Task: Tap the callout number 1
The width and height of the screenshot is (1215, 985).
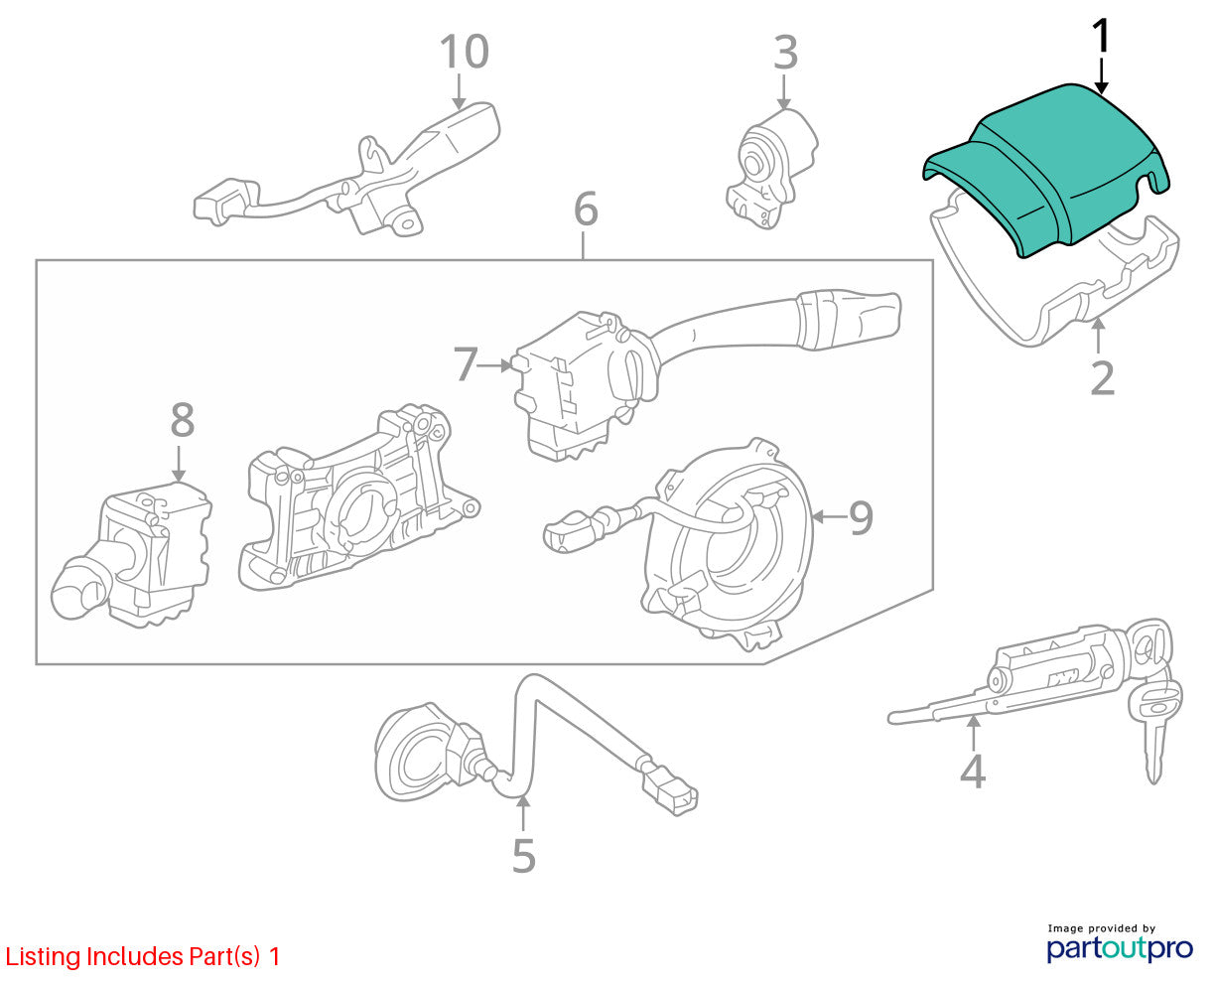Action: (1102, 36)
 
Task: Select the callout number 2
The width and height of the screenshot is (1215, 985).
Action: (1102, 377)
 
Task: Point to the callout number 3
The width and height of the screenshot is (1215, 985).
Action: (785, 53)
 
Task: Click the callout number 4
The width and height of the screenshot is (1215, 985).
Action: (973, 772)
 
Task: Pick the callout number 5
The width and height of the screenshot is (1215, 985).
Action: (524, 856)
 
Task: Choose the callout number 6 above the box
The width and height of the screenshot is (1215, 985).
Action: (586, 209)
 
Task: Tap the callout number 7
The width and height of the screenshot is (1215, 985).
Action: (465, 363)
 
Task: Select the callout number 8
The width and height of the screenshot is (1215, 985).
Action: (183, 420)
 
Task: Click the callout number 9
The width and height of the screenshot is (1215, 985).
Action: (861, 517)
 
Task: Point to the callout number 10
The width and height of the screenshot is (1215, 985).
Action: (465, 52)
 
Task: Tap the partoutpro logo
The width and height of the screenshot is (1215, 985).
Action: (1119, 947)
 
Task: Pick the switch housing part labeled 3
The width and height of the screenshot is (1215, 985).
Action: (771, 169)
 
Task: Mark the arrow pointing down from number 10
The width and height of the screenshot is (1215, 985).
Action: (459, 91)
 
